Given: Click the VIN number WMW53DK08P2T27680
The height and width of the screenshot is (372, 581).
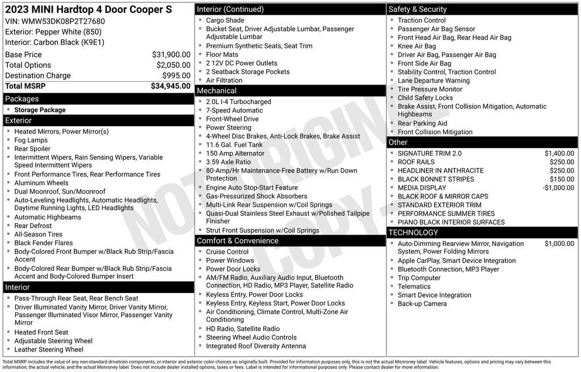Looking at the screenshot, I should pos(63,22).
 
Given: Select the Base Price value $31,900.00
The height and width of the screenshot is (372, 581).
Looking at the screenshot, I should pos(171,55).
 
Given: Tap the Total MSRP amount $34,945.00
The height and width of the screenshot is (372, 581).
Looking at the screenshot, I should pos(170,86).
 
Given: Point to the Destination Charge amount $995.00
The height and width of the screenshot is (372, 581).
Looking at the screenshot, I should pos(176,76).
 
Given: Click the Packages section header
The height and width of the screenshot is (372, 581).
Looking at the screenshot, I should pos(22,99).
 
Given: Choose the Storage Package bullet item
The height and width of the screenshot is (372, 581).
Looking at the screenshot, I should pos(40,110).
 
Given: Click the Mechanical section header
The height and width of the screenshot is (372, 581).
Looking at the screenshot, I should pos(217,91).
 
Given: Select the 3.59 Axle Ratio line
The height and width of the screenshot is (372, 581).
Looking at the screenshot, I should pos(228,162).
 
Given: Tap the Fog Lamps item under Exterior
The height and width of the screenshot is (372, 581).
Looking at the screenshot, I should pos(31,140).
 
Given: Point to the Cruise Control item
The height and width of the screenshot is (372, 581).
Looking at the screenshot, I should pos(227,252).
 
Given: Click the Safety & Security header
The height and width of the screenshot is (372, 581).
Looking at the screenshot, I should pos(418,9).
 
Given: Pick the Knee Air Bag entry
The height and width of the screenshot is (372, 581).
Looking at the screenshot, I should pos(417,46).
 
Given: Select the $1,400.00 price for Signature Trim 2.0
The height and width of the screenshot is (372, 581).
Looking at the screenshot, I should pos(559,153).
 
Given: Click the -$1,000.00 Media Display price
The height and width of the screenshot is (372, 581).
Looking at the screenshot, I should pos(558,187).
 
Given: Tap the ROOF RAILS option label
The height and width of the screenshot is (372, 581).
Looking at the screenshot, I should pos(416,162).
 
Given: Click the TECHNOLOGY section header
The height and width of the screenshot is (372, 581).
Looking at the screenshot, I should pos(413,232).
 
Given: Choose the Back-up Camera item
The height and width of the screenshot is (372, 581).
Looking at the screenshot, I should pos(422,303).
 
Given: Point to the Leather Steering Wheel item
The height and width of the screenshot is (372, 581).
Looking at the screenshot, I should pos(49,349).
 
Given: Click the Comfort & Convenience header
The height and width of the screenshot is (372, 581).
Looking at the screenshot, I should pos(238,241).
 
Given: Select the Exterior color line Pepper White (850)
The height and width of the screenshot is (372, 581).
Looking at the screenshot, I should pos(53,32).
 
